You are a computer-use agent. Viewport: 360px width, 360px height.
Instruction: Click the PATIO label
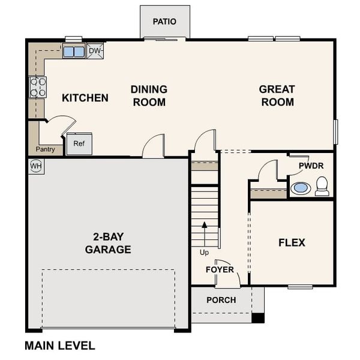tap(164, 22)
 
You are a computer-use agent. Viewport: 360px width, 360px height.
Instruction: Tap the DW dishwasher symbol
tap(95, 51)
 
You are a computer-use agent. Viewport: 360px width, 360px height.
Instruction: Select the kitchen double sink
tap(74, 52)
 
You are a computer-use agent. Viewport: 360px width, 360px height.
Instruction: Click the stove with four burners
tap(38, 88)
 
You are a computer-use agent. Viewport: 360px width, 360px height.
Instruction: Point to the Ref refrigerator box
tap(79, 144)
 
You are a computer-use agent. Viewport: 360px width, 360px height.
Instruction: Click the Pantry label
tap(46, 149)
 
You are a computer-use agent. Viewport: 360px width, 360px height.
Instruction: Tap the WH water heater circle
tap(36, 166)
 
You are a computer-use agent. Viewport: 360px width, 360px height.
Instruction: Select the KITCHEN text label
tap(85, 98)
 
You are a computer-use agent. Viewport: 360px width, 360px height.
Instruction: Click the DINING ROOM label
tap(149, 96)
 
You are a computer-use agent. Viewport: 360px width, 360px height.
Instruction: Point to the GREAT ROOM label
tap(277, 96)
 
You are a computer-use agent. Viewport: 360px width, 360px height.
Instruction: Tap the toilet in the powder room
tap(322, 186)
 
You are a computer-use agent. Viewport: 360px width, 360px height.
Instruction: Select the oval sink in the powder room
tap(301, 188)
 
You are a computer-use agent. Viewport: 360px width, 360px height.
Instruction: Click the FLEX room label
tap(292, 243)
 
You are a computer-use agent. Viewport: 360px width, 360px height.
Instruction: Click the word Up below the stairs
tap(205, 253)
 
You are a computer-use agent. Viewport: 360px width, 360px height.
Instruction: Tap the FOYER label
tap(220, 269)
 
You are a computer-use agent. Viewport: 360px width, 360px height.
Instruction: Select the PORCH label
tap(221, 300)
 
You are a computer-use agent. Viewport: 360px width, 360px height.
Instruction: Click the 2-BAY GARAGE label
tap(108, 243)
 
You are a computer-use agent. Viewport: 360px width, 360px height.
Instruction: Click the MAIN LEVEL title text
tap(59, 346)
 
